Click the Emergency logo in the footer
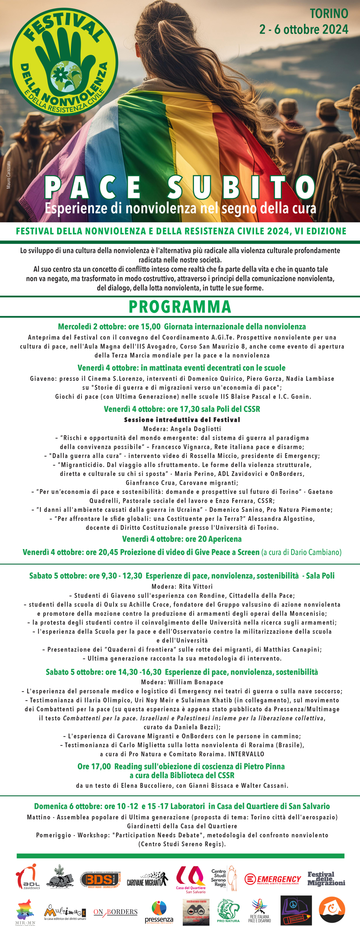tap(273, 879)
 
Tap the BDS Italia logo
tap(101, 879)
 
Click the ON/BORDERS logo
tap(115, 912)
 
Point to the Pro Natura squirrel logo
tap(228, 910)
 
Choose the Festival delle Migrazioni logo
tap(326, 879)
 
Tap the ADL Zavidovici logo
tap(28, 877)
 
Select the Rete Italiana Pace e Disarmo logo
tap(259, 910)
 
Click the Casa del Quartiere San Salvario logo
tap(191, 879)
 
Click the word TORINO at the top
tap(329, 13)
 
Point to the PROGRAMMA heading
tap(180, 307)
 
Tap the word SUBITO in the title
tap(241, 187)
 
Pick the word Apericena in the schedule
tap(225, 539)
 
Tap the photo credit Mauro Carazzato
tap(9, 175)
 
